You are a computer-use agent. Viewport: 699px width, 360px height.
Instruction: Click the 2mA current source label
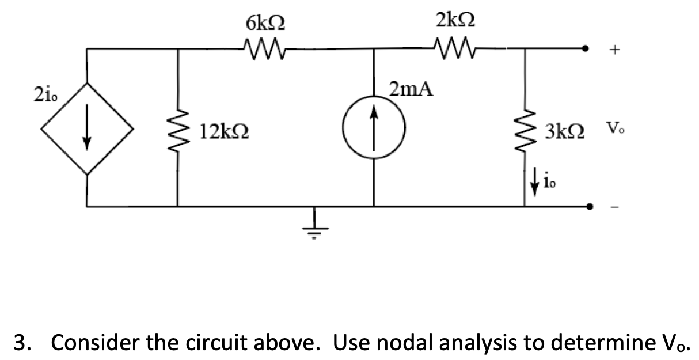click(411, 90)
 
